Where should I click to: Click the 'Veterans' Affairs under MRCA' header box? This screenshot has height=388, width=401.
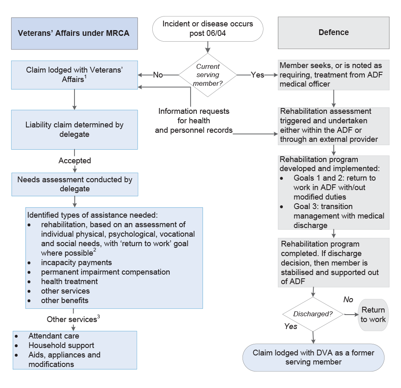[74, 33]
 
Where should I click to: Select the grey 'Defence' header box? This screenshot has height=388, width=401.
[333, 33]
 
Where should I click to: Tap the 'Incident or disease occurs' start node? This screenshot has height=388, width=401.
[207, 29]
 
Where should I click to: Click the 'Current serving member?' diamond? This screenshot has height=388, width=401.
[207, 75]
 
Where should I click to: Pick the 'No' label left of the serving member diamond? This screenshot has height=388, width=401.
[158, 75]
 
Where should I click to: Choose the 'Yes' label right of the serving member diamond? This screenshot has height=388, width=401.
[258, 75]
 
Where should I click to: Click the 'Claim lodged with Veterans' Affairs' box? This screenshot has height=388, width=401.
[74, 75]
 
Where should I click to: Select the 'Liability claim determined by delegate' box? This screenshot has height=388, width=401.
[74, 129]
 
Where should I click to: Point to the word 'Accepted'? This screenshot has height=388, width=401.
[75, 161]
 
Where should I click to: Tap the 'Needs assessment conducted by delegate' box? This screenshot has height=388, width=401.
[75, 184]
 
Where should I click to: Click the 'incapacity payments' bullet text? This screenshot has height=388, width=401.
[76, 263]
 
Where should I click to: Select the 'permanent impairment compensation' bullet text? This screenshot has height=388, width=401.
[105, 272]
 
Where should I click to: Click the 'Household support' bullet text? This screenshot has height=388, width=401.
[61, 346]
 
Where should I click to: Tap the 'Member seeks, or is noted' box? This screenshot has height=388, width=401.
[333, 75]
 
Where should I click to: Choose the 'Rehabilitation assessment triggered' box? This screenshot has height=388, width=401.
[333, 125]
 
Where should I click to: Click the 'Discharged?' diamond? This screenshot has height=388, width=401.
[313, 314]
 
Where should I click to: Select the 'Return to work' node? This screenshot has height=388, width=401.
[373, 315]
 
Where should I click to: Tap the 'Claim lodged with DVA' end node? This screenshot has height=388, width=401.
[313, 357]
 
